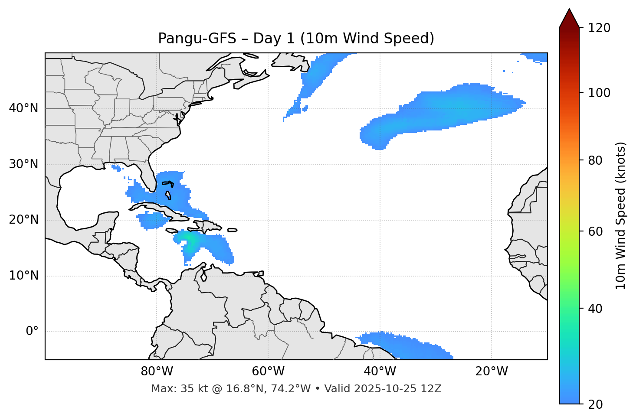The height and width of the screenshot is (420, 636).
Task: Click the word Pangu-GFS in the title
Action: pos(197,39)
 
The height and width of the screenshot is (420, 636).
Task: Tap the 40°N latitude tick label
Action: pos(23,108)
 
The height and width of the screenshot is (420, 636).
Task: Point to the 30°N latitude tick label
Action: pos(23,164)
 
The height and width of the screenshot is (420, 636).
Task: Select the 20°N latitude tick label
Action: pos(23,220)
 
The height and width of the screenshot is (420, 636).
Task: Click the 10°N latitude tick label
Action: pos(23,276)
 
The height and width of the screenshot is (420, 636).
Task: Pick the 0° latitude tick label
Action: pos(32,332)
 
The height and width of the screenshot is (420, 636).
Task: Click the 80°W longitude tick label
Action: pos(157,371)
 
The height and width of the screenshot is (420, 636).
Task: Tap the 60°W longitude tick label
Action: pos(268,371)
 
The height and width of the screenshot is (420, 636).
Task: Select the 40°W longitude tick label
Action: pos(380,371)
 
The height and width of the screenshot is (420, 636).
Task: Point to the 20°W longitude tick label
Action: pos(491,371)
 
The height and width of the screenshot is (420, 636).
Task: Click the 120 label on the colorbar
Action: pos(599,28)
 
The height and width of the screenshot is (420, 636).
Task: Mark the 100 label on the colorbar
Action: pos(599,93)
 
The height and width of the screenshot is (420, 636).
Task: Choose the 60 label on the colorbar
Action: pos(596,231)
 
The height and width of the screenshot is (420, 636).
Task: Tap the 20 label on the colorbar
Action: pos(596,404)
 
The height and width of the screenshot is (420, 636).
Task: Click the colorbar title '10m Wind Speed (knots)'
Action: pos(621,215)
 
